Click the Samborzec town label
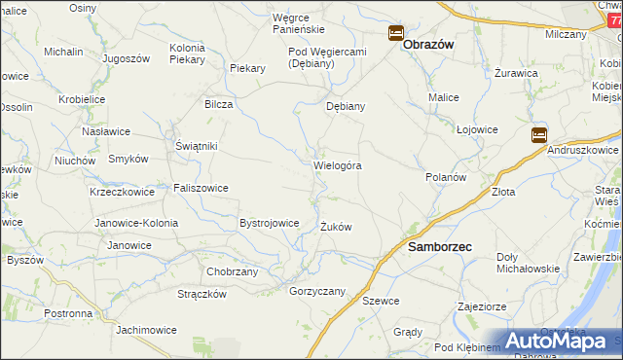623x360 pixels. pyautogui.click(x=439, y=247)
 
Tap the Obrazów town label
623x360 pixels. pyautogui.click(x=429, y=44)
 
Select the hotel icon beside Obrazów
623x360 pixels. pyautogui.click(x=396, y=33)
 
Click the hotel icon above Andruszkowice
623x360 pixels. pyautogui.click(x=538, y=135)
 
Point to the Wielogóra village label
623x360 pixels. pyautogui.click(x=338, y=165)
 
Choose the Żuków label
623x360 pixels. pyautogui.click(x=336, y=227)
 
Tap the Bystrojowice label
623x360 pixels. pyautogui.click(x=269, y=223)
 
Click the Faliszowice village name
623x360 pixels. pyautogui.click(x=201, y=188)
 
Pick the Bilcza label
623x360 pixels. pyautogui.click(x=218, y=104)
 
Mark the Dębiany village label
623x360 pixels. pyautogui.click(x=346, y=107)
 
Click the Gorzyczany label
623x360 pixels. pyautogui.click(x=318, y=291)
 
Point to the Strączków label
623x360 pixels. pyautogui.click(x=202, y=294)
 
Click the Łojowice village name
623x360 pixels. pyautogui.click(x=478, y=128)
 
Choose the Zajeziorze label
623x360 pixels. pyautogui.click(x=484, y=306)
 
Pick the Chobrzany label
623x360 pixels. pyautogui.click(x=233, y=271)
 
